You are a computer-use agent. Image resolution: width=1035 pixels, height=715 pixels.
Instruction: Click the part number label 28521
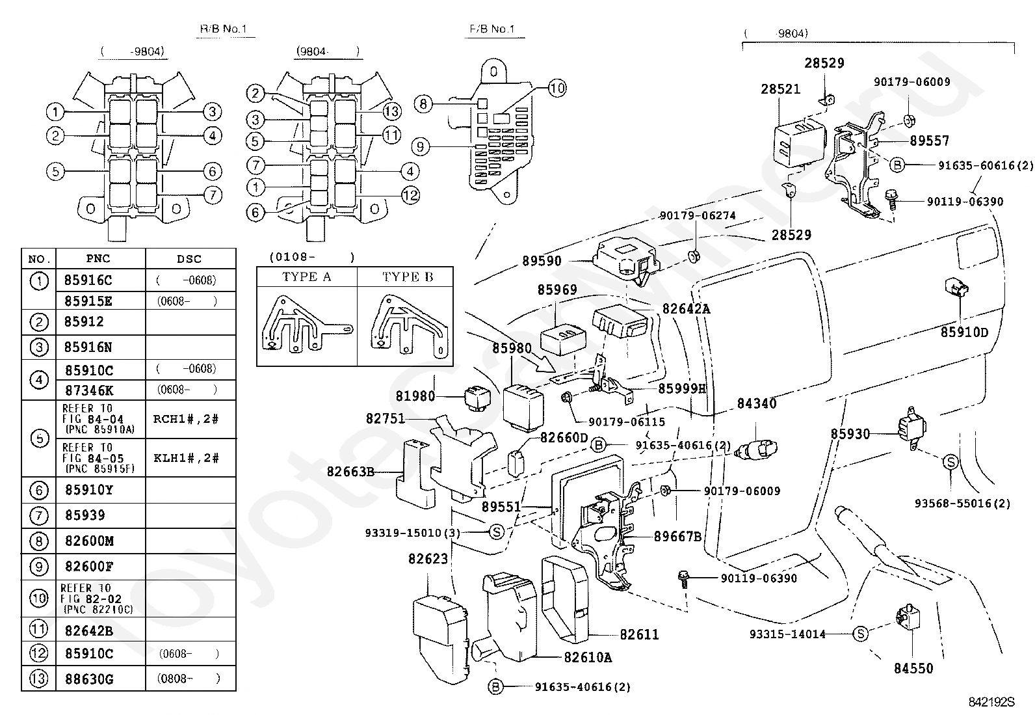pyautogui.click(x=781, y=89)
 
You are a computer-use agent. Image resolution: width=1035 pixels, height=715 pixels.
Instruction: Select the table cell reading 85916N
pyautogui.click(x=88, y=347)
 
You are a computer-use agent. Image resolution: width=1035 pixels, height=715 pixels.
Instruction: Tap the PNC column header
pyautogui.click(x=98, y=259)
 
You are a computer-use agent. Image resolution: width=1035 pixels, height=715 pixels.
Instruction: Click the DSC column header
pyautogui.click(x=189, y=259)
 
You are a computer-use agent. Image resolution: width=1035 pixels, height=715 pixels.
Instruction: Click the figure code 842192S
pyautogui.click(x=991, y=702)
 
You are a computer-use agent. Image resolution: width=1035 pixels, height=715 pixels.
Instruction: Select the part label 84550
pyautogui.click(x=913, y=668)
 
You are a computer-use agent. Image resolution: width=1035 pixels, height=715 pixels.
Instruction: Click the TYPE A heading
pyautogui.click(x=306, y=277)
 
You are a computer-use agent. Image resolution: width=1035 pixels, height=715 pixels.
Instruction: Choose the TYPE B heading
pyautogui.click(x=407, y=277)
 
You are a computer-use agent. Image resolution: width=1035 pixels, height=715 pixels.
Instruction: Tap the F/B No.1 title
pyautogui.click(x=491, y=29)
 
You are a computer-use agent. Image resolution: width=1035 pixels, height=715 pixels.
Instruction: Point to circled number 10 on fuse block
pyautogui.click(x=557, y=88)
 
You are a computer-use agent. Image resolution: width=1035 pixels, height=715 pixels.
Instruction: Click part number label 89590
pyautogui.click(x=542, y=262)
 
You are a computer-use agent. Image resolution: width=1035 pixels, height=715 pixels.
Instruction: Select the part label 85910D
pyautogui.click(x=964, y=332)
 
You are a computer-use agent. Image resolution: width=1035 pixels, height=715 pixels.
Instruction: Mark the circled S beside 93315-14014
pyautogui.click(x=860, y=634)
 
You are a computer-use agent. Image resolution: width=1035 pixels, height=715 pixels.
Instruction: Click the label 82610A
pyautogui.click(x=588, y=657)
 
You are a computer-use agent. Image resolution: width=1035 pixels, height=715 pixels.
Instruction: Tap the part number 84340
pyautogui.click(x=757, y=403)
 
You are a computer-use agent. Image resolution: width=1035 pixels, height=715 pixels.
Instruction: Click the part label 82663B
pyautogui.click(x=351, y=472)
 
